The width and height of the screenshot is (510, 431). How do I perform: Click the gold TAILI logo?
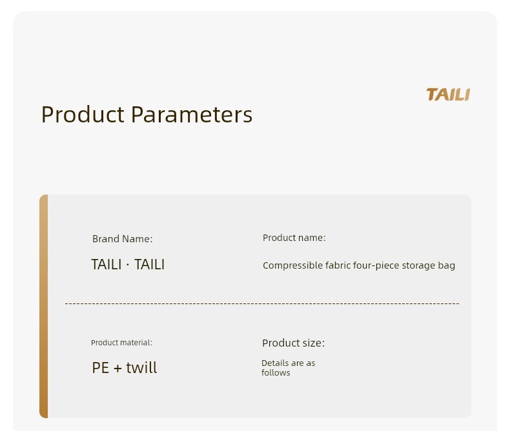(x=448, y=95)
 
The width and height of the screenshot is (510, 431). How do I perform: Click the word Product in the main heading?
(x=83, y=115)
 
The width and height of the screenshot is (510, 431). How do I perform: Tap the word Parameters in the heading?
(x=192, y=115)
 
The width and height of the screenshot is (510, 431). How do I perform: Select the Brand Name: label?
(x=122, y=239)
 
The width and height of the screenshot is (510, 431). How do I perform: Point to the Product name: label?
(x=294, y=238)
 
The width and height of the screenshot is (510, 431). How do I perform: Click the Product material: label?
(x=121, y=343)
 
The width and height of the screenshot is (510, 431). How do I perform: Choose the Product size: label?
(x=293, y=343)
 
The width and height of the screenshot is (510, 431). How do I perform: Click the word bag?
(x=447, y=266)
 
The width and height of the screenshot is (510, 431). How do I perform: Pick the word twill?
(x=141, y=367)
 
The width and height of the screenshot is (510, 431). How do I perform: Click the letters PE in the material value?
(x=101, y=368)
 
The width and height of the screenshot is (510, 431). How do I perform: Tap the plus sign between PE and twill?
(x=117, y=369)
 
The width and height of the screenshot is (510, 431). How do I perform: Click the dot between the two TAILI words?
(x=128, y=265)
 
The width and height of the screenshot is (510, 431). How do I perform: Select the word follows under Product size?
(x=276, y=372)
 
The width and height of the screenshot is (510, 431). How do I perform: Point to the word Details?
(x=275, y=363)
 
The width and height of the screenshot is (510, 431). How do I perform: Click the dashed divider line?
(x=262, y=303)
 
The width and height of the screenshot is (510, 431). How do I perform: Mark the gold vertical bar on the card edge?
(x=44, y=306)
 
